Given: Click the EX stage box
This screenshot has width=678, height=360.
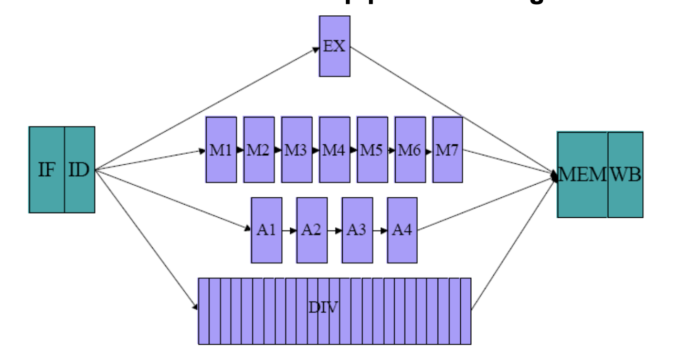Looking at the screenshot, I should point(334,46).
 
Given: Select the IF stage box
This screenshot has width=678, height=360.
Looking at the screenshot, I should point(47,170).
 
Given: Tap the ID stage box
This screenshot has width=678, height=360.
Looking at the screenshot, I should point(80,170).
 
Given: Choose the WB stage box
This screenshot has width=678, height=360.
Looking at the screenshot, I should point(626,175).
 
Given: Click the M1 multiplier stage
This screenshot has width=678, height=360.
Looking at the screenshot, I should point(221,150).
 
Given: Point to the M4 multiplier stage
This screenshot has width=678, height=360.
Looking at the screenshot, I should point(334,150).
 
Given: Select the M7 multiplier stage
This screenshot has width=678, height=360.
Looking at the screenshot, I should point(448,150).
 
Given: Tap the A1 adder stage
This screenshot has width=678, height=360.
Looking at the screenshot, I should point(267,230).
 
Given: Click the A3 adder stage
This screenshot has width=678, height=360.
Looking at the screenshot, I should point(357,230).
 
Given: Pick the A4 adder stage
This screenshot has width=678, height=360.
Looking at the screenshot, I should point(402,230).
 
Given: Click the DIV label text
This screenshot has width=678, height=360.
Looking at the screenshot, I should point(323,306).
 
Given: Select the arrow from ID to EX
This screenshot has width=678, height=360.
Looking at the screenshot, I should point(207,109).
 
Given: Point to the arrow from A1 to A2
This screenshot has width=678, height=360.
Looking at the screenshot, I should point(289,230).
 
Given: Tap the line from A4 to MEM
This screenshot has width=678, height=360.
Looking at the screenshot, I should point(485,204).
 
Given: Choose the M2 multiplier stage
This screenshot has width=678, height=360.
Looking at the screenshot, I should point(259,150).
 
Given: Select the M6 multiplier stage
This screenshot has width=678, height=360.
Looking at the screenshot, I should point(410,150).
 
